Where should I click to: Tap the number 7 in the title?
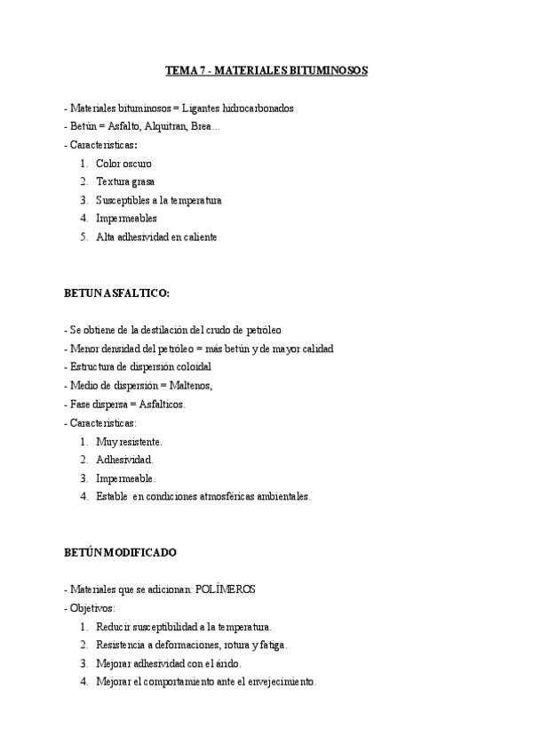coord(201,70)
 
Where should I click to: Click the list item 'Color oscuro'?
coord(123,164)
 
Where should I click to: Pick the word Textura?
coord(114,181)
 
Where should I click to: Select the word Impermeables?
coord(126,219)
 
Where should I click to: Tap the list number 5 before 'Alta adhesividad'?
coord(84,237)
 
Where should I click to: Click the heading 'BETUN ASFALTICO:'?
coord(116,293)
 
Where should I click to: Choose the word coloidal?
coord(189,366)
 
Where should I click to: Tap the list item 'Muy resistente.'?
coord(129,441)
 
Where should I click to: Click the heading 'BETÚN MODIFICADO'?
coord(120,552)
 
